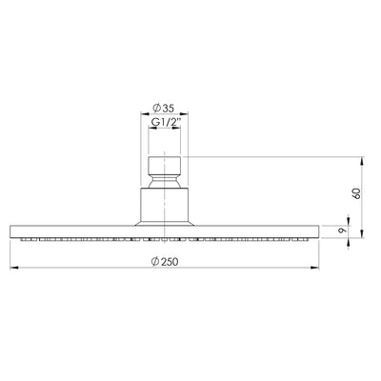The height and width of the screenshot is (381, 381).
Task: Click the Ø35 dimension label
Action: (x=163, y=109)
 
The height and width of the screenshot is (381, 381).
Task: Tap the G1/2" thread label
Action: (x=165, y=122)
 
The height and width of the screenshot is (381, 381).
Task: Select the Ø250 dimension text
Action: (x=165, y=262)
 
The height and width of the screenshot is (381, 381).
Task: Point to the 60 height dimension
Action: (x=357, y=193)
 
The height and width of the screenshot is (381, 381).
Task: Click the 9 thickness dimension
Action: (x=342, y=231)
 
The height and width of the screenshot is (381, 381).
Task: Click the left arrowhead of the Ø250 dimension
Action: (x=14, y=269)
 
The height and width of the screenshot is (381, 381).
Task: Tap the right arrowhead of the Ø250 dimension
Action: (x=315, y=269)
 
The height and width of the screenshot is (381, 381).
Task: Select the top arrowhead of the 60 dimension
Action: (x=361, y=160)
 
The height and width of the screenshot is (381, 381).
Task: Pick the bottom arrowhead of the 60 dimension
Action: (x=361, y=234)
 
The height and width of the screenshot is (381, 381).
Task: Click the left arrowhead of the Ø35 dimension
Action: (x=145, y=113)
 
